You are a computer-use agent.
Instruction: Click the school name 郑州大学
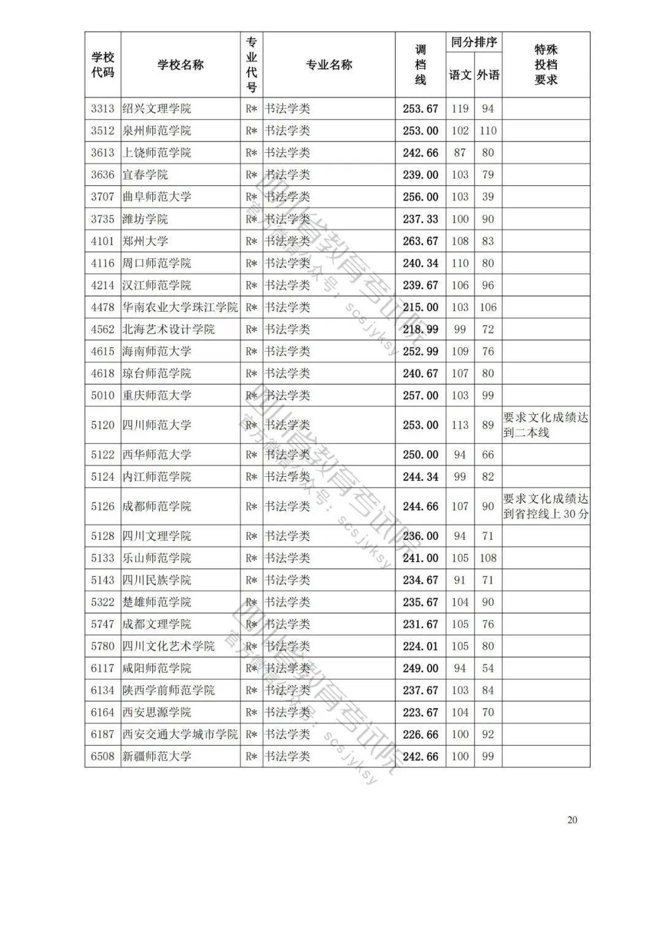[x=145, y=241]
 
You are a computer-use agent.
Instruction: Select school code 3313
[x=103, y=109]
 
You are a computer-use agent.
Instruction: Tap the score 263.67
[x=421, y=241]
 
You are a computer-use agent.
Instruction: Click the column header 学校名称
[x=180, y=65]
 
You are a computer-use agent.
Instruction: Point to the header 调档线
[x=421, y=65]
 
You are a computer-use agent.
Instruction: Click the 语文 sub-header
[x=460, y=75]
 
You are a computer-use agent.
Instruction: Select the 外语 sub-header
[x=488, y=75]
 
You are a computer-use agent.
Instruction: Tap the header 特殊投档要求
[x=546, y=65]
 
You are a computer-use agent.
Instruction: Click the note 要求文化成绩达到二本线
[x=546, y=425]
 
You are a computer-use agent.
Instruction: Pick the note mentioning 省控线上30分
[x=546, y=506]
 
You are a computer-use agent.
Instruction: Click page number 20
[x=572, y=820]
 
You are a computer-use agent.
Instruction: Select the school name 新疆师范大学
[x=157, y=756]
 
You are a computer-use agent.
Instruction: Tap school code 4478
[x=103, y=307]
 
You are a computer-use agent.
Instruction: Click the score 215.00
[x=421, y=307]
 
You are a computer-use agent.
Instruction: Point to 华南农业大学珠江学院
[x=180, y=307]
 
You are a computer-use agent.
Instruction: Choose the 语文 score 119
[x=460, y=109]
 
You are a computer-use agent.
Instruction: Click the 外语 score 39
[x=488, y=197]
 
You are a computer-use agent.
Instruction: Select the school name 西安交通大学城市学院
[x=180, y=734]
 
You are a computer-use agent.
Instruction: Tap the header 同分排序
[x=474, y=43]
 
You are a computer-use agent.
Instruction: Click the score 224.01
[x=421, y=646]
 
